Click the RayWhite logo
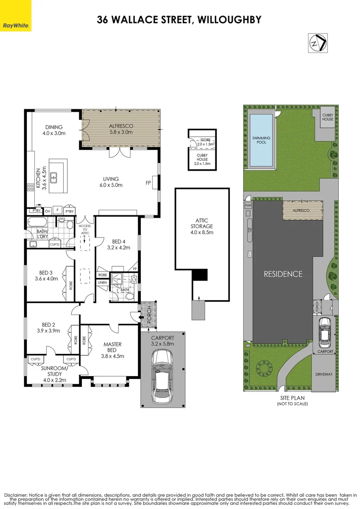[16, 25]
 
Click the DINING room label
[55, 130]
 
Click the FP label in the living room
[148, 183]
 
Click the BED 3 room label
[46, 275]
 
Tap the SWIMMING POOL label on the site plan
[262, 140]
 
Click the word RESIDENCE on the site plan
[282, 273]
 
